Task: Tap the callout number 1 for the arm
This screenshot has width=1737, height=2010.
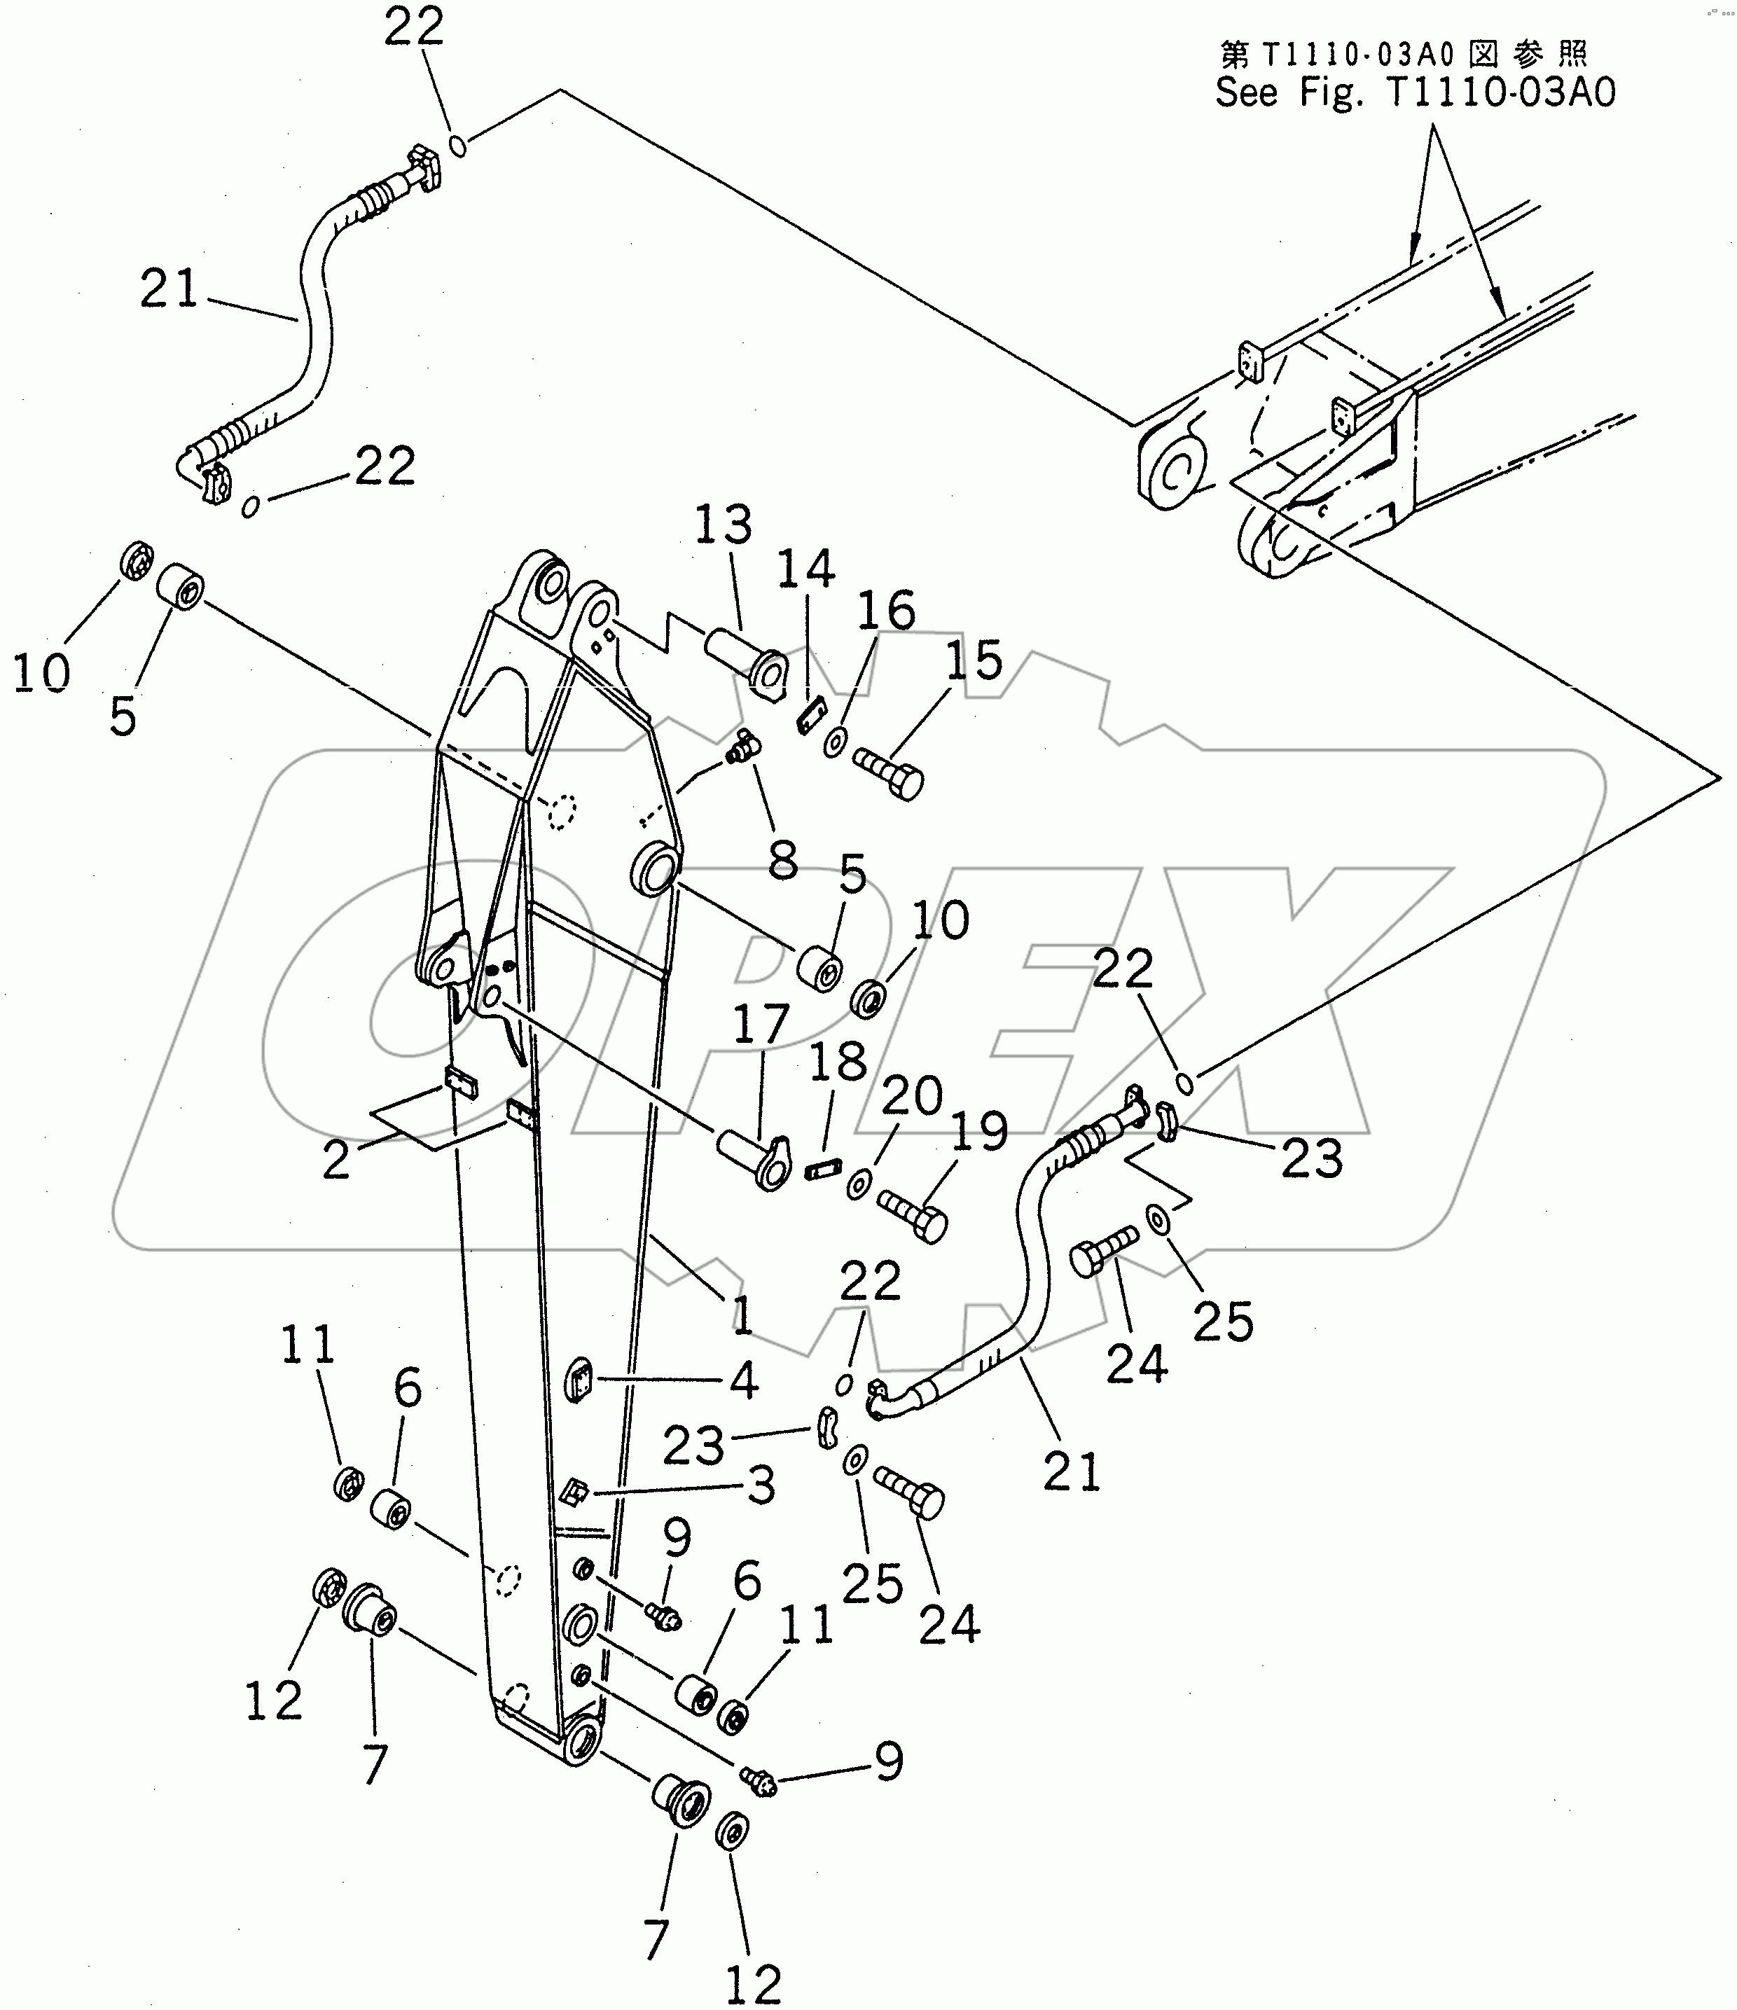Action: [x=742, y=1317]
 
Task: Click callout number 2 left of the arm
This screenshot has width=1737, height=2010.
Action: [x=335, y=1160]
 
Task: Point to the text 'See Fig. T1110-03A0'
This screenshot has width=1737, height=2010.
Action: [x=1416, y=93]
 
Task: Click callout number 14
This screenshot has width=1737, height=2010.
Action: [x=805, y=569]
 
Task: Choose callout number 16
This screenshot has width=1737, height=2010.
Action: [x=887, y=611]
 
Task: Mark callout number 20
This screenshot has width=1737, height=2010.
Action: [x=912, y=1096]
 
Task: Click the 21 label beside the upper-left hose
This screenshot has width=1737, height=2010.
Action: [x=169, y=289]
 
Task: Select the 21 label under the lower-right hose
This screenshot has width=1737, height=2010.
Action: [x=1072, y=1471]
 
